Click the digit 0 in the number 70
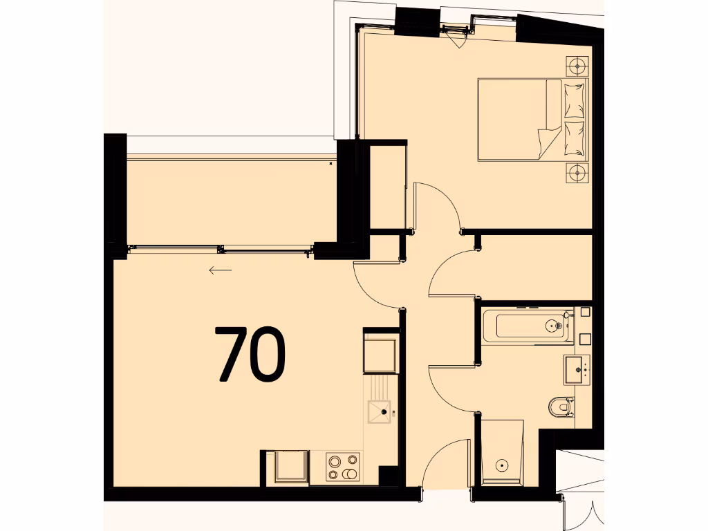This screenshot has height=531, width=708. coord(267,354)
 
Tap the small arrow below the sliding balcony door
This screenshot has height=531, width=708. coord(220,270)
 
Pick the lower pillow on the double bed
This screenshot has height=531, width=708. coord(575,138)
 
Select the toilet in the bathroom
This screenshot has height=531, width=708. coord(562,407)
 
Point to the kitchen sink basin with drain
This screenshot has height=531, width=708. coord(380,412)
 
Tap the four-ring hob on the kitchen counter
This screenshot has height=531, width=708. coord(344,467)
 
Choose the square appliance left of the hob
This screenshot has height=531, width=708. coord(291,467)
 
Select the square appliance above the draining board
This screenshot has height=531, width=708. coord(381,353)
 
